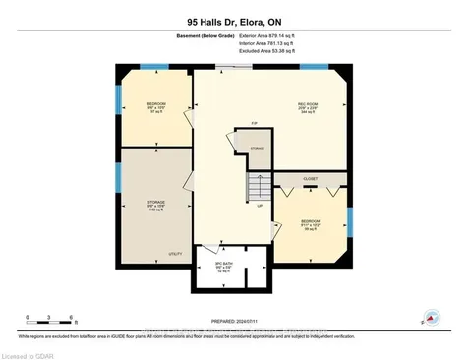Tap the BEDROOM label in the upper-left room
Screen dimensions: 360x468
tap(155, 105)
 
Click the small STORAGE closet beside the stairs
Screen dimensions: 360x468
tap(258, 149)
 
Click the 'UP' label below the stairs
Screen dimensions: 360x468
tap(259, 208)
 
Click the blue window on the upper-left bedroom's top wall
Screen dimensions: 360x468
tap(153, 67)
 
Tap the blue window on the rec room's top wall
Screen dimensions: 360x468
tap(313, 67)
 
